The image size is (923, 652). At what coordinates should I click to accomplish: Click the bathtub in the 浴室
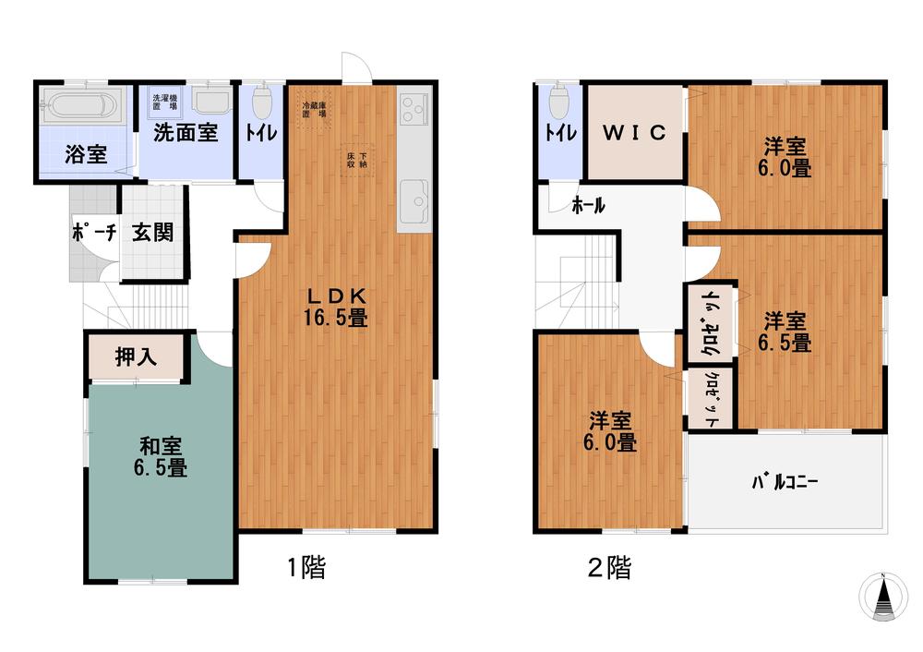(82, 105)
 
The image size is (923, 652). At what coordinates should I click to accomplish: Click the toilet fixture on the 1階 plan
(262, 98)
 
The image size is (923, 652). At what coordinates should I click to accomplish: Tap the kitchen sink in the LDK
(414, 198)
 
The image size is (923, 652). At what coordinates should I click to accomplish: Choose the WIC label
(634, 132)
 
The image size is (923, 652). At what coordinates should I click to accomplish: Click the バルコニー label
(785, 482)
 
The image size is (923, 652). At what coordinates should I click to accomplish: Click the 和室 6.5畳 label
(159, 457)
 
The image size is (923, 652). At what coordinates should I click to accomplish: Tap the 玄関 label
(152, 232)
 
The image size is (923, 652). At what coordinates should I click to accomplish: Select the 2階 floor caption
(610, 568)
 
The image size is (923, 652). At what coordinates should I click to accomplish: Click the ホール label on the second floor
(588, 206)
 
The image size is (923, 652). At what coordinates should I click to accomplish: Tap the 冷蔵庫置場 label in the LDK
(314, 110)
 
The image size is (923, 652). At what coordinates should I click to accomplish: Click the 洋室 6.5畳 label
(785, 332)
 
